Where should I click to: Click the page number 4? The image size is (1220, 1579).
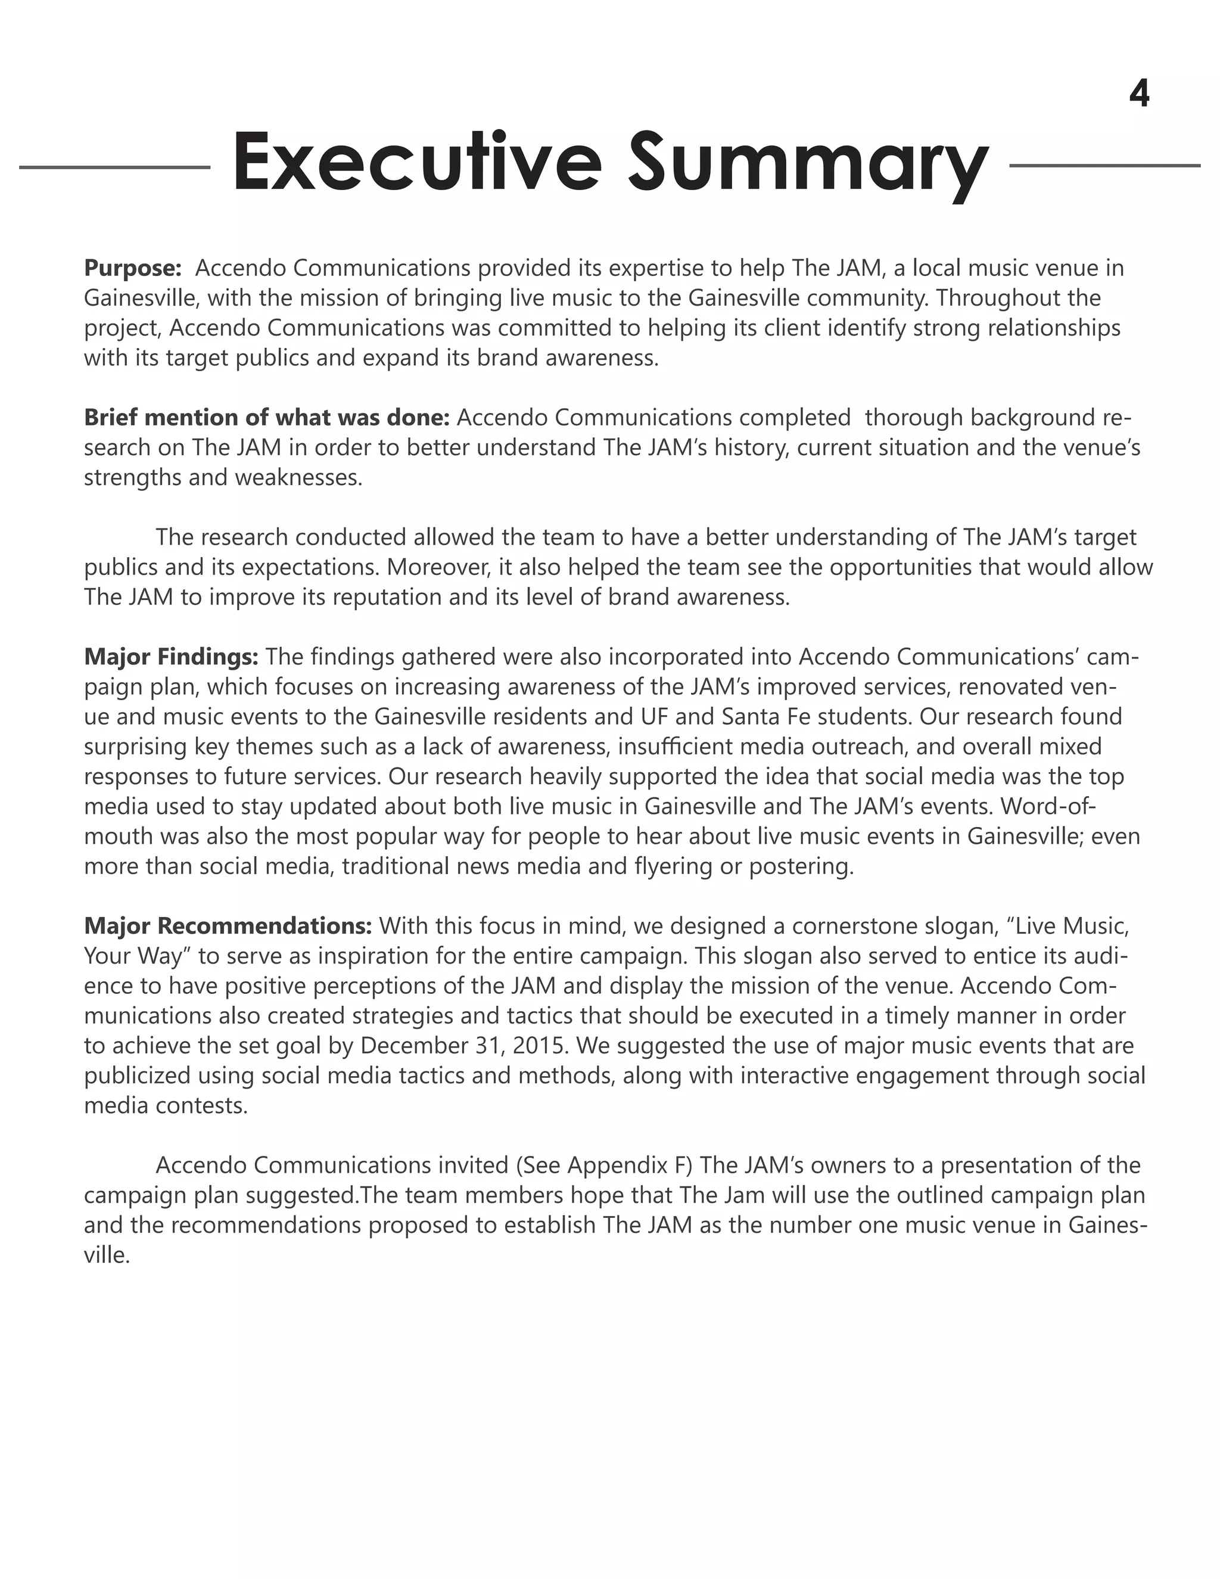(1138, 94)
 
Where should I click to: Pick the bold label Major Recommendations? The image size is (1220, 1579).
(228, 925)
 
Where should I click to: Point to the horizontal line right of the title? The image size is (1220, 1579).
(1104, 166)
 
